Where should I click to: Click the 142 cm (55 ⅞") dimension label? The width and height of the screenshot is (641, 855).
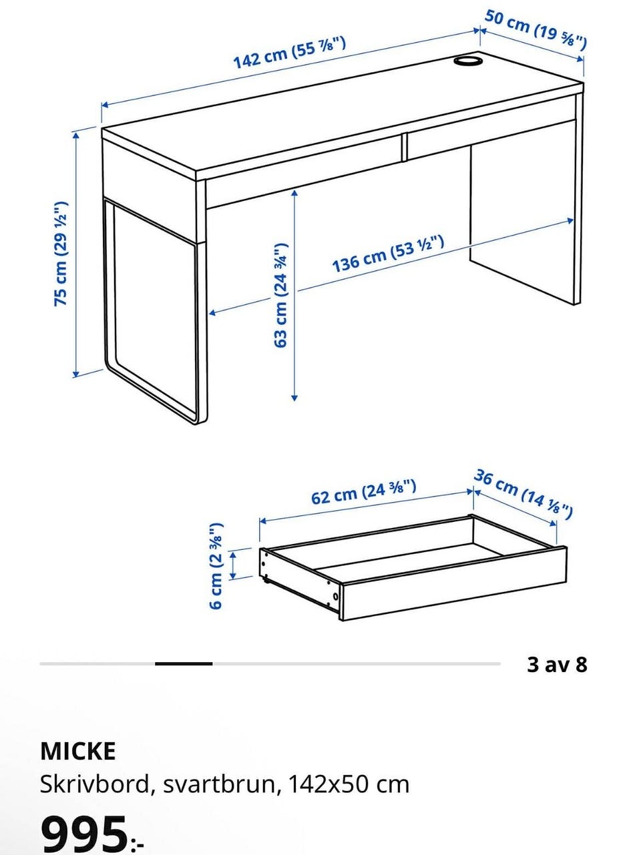(x=289, y=53)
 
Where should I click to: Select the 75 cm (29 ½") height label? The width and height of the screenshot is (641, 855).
(x=61, y=254)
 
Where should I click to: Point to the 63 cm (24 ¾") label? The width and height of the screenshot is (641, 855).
(x=280, y=295)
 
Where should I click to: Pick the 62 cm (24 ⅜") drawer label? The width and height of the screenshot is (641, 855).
(x=363, y=492)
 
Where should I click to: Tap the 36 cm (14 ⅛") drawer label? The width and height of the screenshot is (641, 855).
(x=523, y=495)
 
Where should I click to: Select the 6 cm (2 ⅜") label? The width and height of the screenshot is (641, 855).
(x=216, y=565)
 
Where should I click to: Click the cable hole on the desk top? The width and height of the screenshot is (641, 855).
(x=467, y=61)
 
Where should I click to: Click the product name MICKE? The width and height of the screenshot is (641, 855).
(x=78, y=752)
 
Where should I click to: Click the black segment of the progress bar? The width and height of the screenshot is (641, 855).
(x=184, y=663)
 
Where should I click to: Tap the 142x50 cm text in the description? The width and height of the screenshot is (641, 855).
(x=349, y=784)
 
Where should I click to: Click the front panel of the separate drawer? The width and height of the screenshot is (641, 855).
(x=454, y=583)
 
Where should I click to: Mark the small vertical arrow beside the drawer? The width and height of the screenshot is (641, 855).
(x=234, y=565)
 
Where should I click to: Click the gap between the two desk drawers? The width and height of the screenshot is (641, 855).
(x=404, y=147)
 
